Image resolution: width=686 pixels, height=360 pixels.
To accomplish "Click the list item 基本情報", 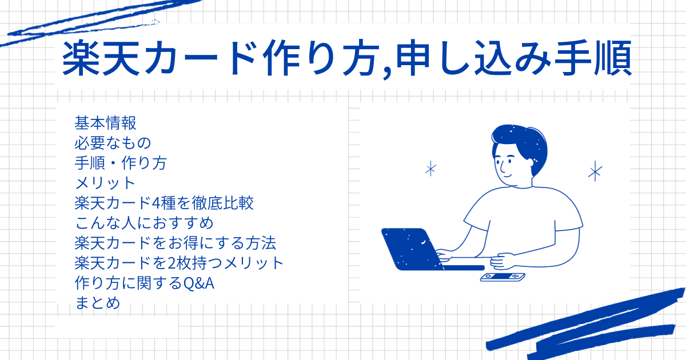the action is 105,123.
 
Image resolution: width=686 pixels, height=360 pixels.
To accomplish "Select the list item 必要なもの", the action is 113,143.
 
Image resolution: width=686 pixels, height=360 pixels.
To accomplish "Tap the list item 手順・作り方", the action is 121,163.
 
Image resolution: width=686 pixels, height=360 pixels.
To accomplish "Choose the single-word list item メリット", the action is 105,183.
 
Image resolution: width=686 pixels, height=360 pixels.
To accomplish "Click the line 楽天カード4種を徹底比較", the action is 164,203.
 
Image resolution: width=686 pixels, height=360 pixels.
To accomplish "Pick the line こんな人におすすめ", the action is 144,223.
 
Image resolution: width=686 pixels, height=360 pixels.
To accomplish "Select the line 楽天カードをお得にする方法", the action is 176,243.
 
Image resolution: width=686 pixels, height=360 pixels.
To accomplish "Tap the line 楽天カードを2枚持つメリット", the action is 179,263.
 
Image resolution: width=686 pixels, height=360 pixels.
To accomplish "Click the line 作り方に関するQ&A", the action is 144,283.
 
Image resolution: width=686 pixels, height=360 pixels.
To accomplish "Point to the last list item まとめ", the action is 97,303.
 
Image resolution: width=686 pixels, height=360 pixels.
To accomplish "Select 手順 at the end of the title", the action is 593,58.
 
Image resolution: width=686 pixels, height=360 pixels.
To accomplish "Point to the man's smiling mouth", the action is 507,176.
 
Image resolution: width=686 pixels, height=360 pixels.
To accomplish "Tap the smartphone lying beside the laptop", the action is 502,277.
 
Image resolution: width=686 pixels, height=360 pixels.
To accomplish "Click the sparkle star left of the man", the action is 431,169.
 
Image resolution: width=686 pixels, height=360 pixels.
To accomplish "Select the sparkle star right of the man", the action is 595,171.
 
